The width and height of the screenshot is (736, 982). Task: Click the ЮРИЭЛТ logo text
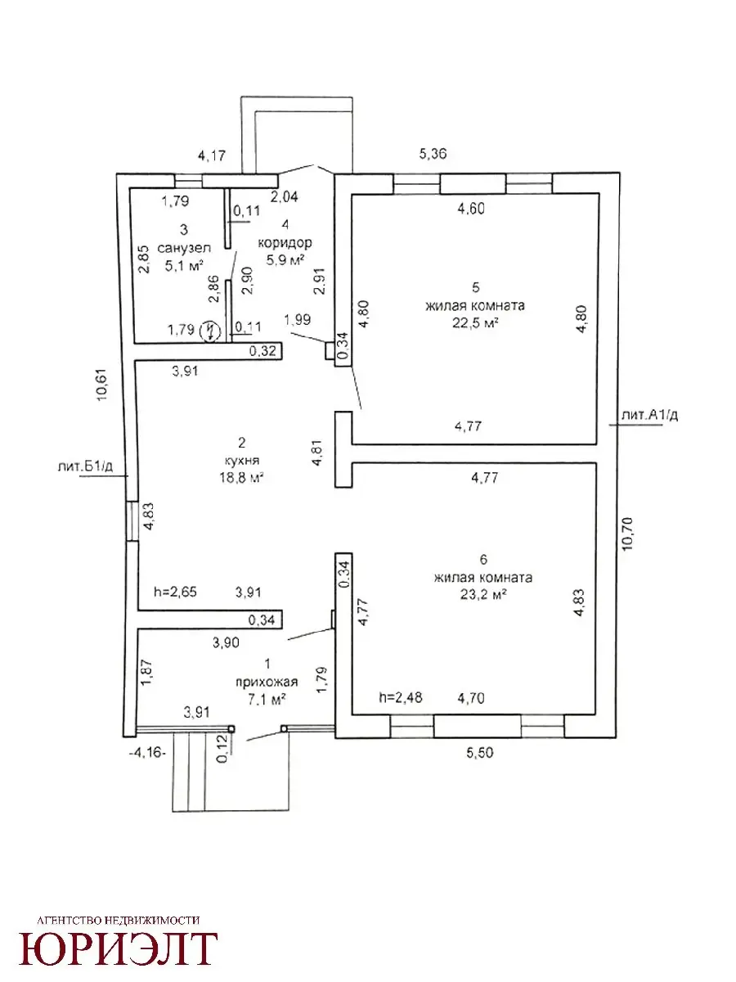119,948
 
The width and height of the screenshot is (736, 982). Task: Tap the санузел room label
185,247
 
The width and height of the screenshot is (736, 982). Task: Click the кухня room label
241,461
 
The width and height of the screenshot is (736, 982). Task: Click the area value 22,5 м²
473,322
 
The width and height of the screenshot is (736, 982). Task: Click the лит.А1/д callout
651,416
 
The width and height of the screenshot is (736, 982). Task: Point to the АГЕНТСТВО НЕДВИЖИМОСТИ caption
119,921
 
